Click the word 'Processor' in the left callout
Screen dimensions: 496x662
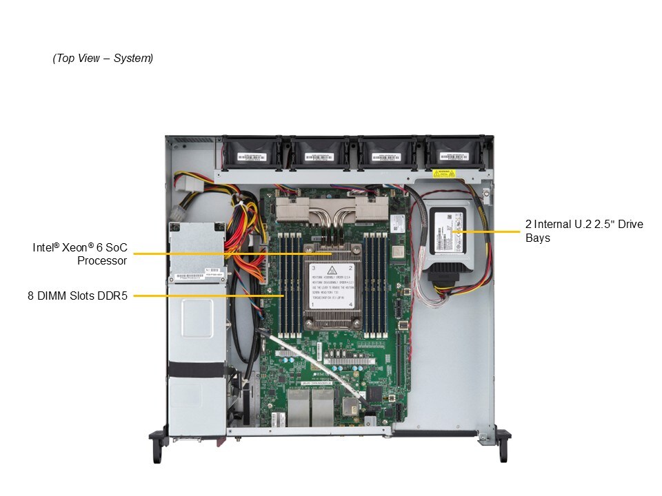(102, 260)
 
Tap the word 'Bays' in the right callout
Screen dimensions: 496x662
(538, 238)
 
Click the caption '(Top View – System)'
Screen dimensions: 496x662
(103, 59)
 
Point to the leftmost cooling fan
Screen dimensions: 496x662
(249, 152)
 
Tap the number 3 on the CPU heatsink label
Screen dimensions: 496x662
(314, 267)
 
